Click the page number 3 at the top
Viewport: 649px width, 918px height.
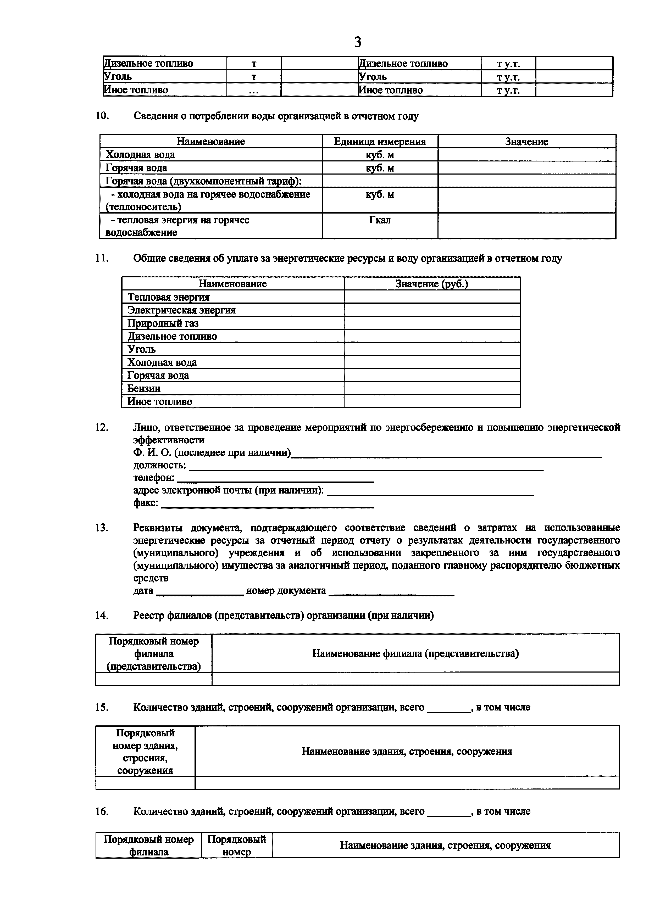point(358,42)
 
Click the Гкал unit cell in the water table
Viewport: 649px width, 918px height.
point(380,220)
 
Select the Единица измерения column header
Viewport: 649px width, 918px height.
point(380,142)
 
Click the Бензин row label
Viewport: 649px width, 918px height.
point(144,389)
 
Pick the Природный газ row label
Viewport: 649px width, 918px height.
point(163,323)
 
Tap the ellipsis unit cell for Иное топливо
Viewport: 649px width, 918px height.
point(253,90)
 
